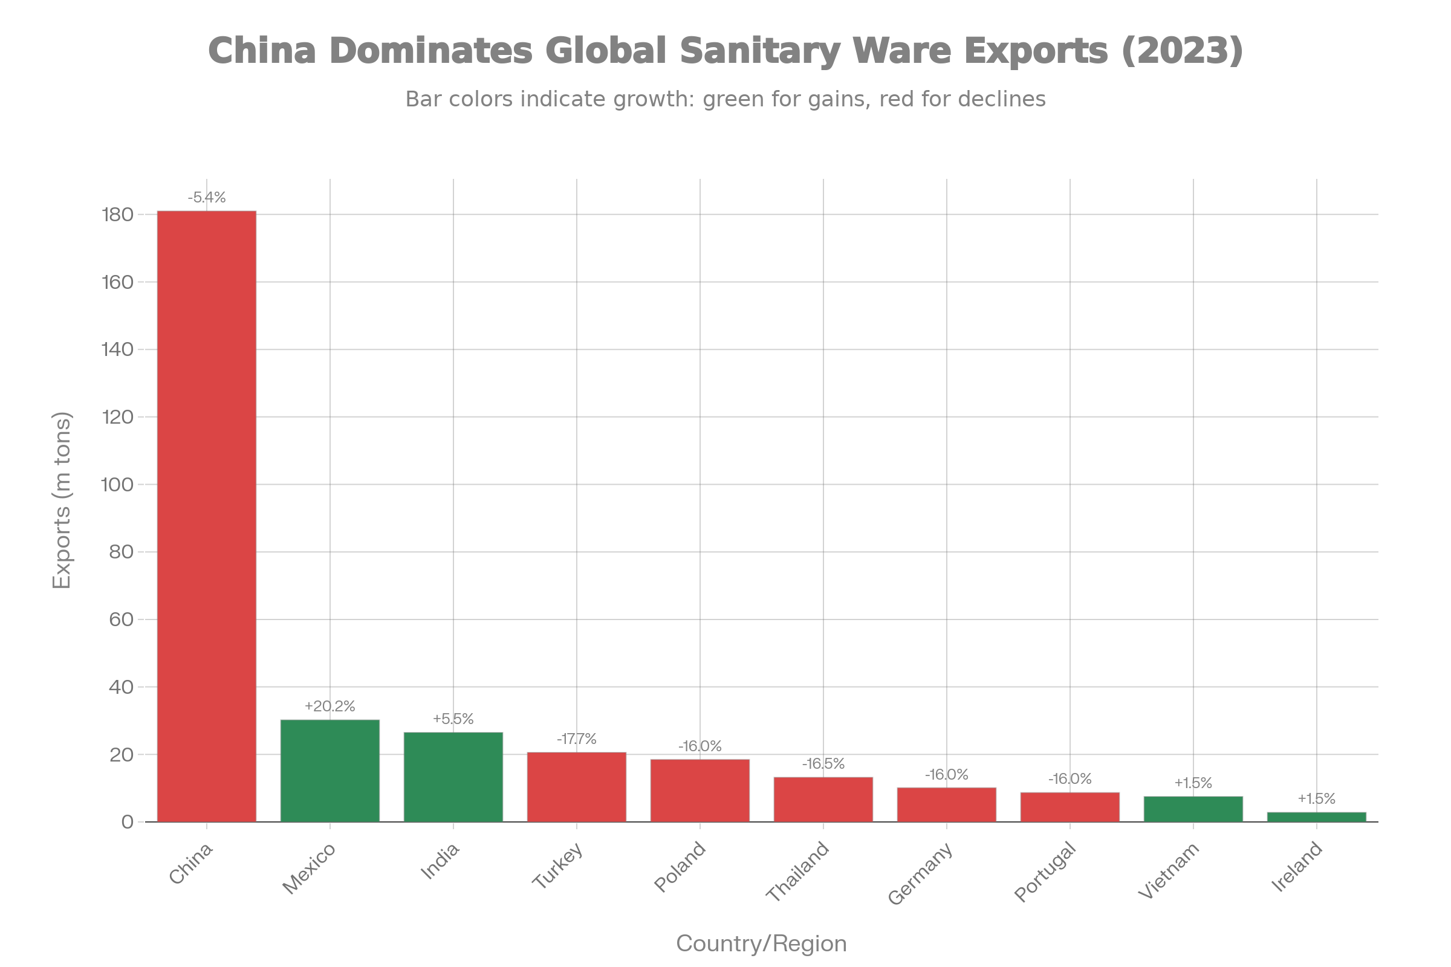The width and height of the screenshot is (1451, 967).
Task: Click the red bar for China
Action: click(x=206, y=516)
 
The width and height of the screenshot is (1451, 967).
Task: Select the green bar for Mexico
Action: click(x=329, y=771)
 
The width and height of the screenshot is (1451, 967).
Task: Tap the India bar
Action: click(x=453, y=777)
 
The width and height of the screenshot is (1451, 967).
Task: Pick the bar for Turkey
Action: click(x=576, y=787)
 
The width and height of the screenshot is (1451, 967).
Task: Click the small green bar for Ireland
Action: click(x=1317, y=817)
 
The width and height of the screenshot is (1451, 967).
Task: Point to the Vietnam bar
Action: click(x=1193, y=809)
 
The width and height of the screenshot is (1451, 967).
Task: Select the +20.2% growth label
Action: click(x=329, y=707)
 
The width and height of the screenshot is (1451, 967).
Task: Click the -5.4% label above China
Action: click(x=207, y=198)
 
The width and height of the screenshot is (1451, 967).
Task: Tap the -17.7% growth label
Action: click(x=576, y=739)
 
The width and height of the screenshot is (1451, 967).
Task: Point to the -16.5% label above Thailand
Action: click(x=823, y=764)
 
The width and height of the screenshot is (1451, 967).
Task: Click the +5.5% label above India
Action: click(x=453, y=719)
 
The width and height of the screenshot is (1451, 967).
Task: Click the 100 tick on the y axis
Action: click(x=117, y=485)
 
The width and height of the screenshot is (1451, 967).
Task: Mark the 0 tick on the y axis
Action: click(x=128, y=822)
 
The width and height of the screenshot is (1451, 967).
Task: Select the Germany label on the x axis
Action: click(x=920, y=874)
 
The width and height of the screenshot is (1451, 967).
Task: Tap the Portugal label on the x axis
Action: click(x=1046, y=872)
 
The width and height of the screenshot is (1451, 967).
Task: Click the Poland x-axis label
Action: click(x=680, y=867)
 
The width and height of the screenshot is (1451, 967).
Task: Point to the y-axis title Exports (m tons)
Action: click(x=62, y=500)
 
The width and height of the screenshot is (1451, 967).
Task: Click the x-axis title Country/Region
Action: click(x=761, y=943)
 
